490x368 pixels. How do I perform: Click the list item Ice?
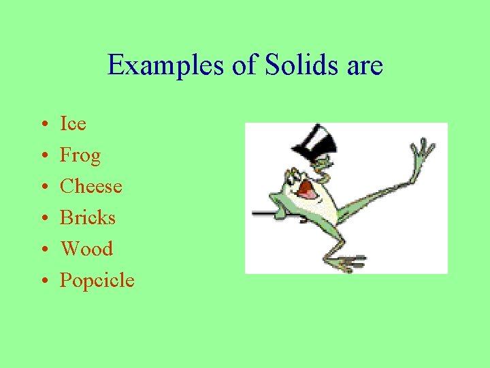(x=73, y=123)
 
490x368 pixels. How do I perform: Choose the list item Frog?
(x=80, y=155)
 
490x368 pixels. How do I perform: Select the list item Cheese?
(x=91, y=186)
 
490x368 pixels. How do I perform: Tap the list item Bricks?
(x=88, y=217)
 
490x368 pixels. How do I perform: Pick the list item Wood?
(x=86, y=249)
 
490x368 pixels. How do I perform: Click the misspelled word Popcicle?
(x=97, y=280)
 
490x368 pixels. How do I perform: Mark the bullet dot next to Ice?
(x=42, y=125)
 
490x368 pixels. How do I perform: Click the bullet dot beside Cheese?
(x=42, y=187)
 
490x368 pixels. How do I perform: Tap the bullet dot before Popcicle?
(x=42, y=281)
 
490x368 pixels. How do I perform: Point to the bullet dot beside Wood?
(x=42, y=250)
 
